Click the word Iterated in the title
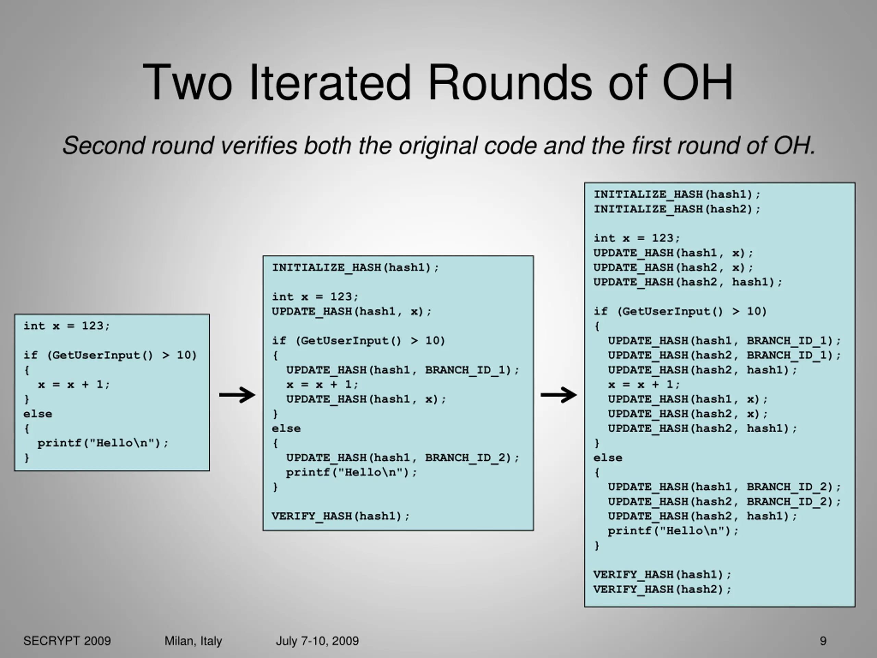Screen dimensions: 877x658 click(x=330, y=83)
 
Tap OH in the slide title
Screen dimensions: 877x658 click(x=697, y=83)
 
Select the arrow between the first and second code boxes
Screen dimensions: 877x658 click(x=237, y=395)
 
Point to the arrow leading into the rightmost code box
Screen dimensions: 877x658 click(x=559, y=395)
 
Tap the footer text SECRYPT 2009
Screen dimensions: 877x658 click(x=67, y=641)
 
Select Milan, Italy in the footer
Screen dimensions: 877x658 click(x=193, y=641)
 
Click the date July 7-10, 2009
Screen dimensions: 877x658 click(x=317, y=641)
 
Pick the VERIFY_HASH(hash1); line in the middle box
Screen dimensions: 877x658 click(x=340, y=516)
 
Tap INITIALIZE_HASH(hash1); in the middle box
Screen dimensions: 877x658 click(x=355, y=267)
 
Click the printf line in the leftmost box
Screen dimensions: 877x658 click(x=103, y=443)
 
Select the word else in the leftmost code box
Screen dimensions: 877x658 click(x=38, y=414)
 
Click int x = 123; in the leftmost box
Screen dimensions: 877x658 click(x=66, y=326)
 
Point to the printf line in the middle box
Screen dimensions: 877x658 click(x=351, y=472)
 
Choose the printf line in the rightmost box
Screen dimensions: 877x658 click(x=673, y=531)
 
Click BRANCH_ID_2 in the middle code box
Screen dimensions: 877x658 click(x=467, y=458)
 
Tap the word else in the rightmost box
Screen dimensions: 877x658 click(x=608, y=458)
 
